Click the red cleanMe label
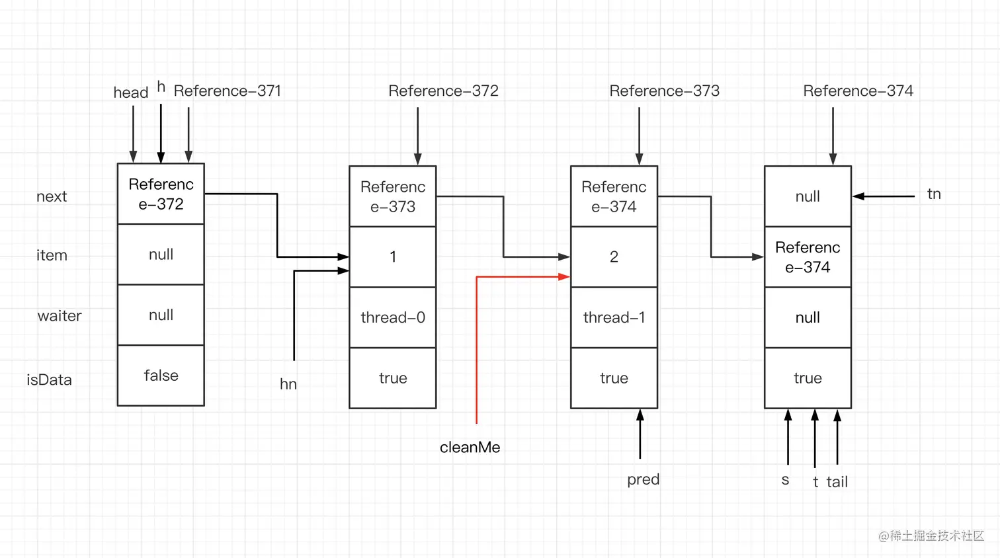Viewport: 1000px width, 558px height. [470, 448]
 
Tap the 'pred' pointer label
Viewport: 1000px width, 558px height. [643, 479]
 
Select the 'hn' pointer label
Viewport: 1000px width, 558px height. [288, 384]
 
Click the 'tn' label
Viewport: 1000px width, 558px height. [934, 194]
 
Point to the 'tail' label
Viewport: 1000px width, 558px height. [837, 482]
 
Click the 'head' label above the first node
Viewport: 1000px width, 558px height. [130, 93]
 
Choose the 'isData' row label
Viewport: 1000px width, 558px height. [49, 380]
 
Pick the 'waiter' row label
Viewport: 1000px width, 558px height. [60, 316]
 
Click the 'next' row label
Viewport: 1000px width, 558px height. [52, 196]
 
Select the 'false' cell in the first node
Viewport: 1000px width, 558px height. [161, 376]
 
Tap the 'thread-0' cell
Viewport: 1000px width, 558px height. [393, 317]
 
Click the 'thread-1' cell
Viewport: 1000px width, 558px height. [614, 317]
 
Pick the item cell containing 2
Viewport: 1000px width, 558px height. [614, 257]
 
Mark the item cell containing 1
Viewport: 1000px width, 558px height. [393, 257]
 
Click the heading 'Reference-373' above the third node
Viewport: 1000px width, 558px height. [664, 91]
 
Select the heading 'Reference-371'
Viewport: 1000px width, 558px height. [227, 91]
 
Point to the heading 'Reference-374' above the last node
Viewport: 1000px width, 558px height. [858, 91]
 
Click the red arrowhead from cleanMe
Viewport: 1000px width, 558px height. [564, 277]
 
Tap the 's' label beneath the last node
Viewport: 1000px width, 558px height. [785, 480]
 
